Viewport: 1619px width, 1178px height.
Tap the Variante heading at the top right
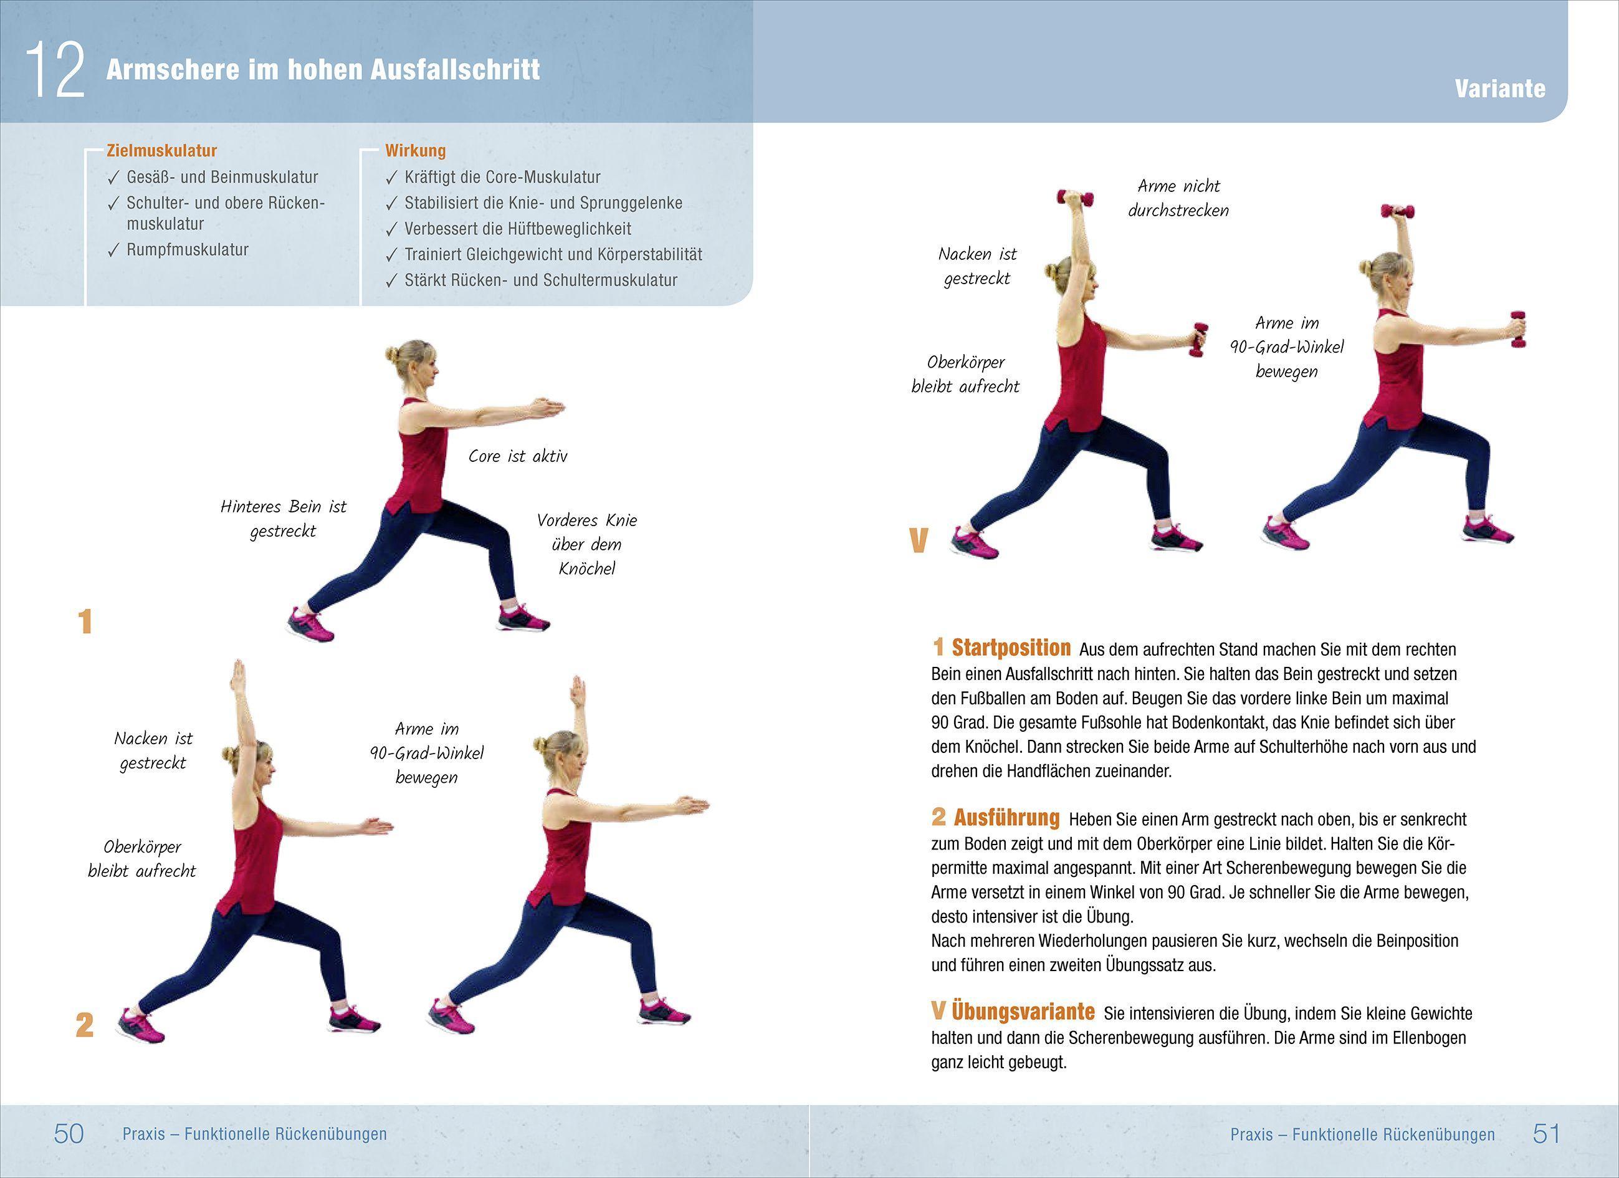pyautogui.click(x=1500, y=89)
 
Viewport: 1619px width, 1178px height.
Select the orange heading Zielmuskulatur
pyautogui.click(x=161, y=151)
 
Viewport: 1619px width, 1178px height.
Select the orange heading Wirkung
pyautogui.click(x=415, y=151)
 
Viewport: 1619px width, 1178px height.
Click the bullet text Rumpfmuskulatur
pyautogui.click(x=187, y=250)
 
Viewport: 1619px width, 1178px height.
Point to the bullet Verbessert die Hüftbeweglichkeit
pyautogui.click(x=517, y=229)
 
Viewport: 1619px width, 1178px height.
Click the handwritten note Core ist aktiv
pyautogui.click(x=517, y=456)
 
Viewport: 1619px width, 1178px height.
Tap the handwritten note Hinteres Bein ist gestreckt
pyautogui.click(x=283, y=519)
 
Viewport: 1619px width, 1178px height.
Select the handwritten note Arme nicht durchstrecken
pyautogui.click(x=1178, y=198)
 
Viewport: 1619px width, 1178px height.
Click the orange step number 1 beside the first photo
pyautogui.click(x=85, y=622)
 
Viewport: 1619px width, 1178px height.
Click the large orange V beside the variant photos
pyautogui.click(x=918, y=540)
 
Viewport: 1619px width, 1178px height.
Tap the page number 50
pyautogui.click(x=69, y=1134)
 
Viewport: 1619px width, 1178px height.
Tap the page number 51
pyautogui.click(x=1546, y=1134)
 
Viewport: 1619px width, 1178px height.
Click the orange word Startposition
pyautogui.click(x=1010, y=648)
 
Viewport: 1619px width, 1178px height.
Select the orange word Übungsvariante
pyautogui.click(x=1022, y=1012)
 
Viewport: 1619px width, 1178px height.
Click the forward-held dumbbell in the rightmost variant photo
pyautogui.click(x=1517, y=329)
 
